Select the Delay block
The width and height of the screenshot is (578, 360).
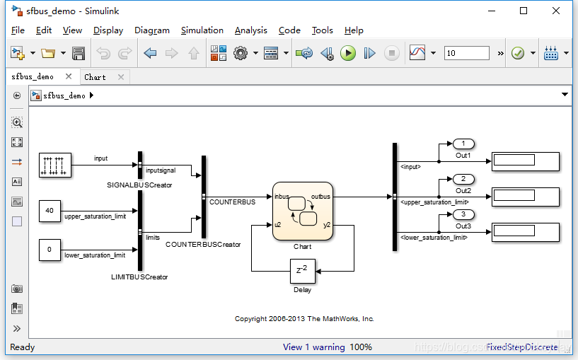pyautogui.click(x=302, y=270)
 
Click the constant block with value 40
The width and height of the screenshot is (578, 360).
pyautogui.click(x=49, y=211)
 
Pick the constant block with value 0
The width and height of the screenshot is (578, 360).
pyautogui.click(x=49, y=250)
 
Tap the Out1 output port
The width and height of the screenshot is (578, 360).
pyautogui.click(x=463, y=144)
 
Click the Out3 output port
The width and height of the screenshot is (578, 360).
pyautogui.click(x=463, y=215)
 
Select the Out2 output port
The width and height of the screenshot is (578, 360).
pyautogui.click(x=463, y=180)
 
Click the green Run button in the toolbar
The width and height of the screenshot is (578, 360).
pyautogui.click(x=347, y=53)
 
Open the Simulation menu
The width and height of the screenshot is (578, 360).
pyautogui.click(x=202, y=30)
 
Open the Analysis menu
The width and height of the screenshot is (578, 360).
pyautogui.click(x=250, y=30)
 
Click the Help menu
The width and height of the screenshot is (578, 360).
pyautogui.click(x=354, y=30)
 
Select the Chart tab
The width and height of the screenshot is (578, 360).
pyautogui.click(x=95, y=77)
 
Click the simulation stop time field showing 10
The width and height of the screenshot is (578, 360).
pyautogui.click(x=466, y=53)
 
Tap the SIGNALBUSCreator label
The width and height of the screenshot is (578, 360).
pyautogui.click(x=139, y=185)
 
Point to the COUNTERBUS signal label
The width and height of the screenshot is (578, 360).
pyautogui.click(x=232, y=202)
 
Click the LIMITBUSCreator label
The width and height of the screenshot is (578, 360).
pyautogui.click(x=139, y=277)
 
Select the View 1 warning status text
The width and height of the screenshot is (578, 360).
pyautogui.click(x=313, y=347)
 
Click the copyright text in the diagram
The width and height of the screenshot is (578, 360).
pyautogui.click(x=304, y=319)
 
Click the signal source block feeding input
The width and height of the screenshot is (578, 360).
pyautogui.click(x=54, y=165)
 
